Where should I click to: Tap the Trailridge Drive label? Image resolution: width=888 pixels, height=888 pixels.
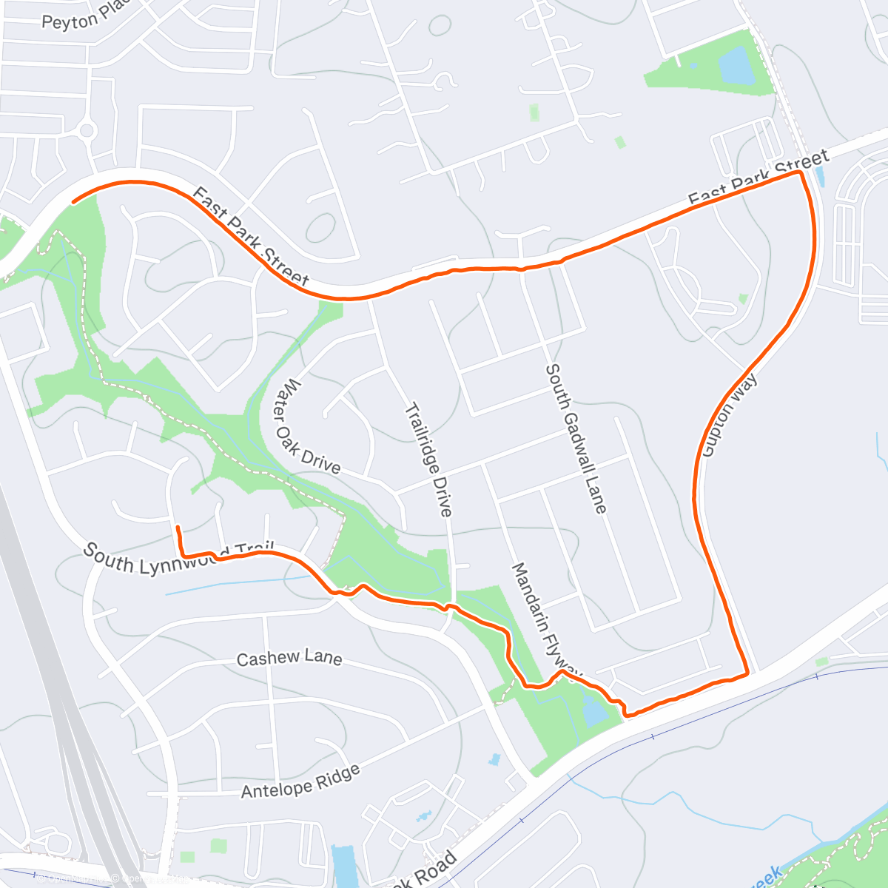(x=428, y=460)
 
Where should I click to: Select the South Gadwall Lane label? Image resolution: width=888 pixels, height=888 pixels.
(x=576, y=438)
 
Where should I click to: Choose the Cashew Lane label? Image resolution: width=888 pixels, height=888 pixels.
(x=289, y=658)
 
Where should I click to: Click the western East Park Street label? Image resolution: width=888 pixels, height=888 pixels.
(x=250, y=237)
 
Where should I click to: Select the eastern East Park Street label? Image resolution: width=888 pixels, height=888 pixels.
(x=758, y=178)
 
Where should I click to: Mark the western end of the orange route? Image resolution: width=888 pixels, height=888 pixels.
(x=73, y=201)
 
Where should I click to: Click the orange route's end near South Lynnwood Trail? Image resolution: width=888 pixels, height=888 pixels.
(x=178, y=526)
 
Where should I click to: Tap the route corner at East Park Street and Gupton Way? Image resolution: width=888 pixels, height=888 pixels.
(x=800, y=172)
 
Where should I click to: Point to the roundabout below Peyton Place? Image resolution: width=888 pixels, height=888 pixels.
(x=87, y=132)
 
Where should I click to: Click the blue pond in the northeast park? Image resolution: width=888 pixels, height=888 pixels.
(x=736, y=66)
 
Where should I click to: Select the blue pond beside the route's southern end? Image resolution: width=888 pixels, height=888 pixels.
(x=593, y=710)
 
